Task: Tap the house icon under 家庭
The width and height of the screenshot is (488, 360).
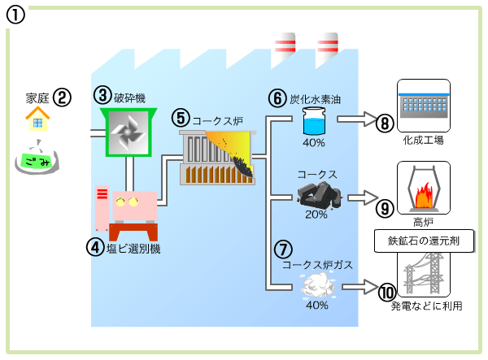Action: coord(36,120)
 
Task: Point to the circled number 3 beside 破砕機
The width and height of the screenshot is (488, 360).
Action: coord(102,96)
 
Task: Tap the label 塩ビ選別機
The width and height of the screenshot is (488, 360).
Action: coord(133,249)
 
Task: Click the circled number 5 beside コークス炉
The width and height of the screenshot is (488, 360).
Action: coord(180,117)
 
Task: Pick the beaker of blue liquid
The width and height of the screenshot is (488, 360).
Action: coord(313,123)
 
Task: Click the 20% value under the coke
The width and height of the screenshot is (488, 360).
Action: coord(316,215)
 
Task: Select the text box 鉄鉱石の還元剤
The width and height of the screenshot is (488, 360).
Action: coord(422,241)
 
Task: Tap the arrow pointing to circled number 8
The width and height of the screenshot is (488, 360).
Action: coord(354,119)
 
